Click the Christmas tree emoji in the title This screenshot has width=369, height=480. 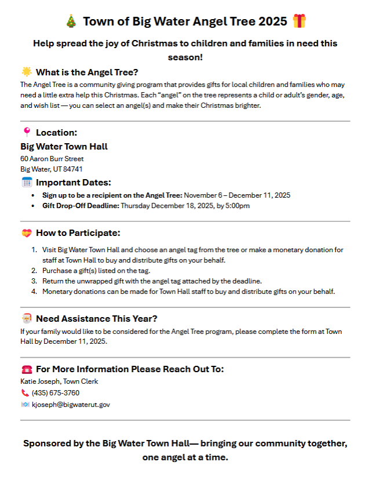(x=71, y=21)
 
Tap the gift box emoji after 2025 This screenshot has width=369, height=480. (x=299, y=21)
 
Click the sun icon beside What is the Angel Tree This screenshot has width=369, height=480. (x=27, y=72)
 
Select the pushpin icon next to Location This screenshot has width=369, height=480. (x=27, y=132)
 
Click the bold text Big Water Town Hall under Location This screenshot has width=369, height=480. (x=64, y=146)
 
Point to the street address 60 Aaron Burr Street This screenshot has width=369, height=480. (x=52, y=158)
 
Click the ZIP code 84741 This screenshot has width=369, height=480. (x=73, y=169)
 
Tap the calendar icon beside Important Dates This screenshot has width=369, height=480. (x=27, y=182)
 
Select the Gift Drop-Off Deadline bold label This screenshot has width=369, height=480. (x=80, y=205)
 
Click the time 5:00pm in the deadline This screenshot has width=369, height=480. (x=238, y=205)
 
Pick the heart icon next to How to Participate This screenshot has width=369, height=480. (x=27, y=233)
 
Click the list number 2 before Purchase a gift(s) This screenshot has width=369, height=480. (x=34, y=270)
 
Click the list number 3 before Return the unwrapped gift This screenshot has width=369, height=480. (x=34, y=281)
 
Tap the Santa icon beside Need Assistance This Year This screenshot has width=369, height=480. (x=27, y=318)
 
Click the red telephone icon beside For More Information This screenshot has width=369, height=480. (x=27, y=369)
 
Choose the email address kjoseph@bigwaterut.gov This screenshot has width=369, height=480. (x=71, y=404)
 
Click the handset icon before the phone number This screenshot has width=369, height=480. (x=25, y=392)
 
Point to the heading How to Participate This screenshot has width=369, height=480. (x=78, y=233)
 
